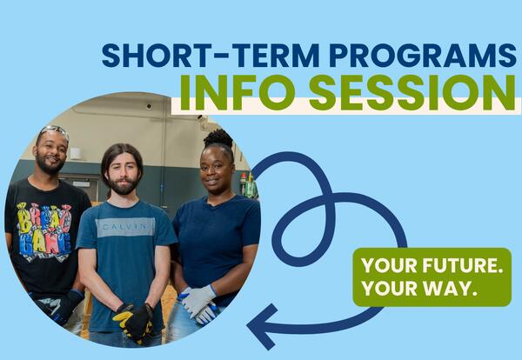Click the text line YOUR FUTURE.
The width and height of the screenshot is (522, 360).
432,266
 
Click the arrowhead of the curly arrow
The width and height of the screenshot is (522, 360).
261,327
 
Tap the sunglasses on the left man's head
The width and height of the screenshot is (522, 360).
53,131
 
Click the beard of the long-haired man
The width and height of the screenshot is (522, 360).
123,185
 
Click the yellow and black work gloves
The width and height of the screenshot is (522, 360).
135,320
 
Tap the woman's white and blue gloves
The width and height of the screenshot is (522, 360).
199,302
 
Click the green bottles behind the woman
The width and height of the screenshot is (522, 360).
247,184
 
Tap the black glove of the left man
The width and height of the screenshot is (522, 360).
65,305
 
